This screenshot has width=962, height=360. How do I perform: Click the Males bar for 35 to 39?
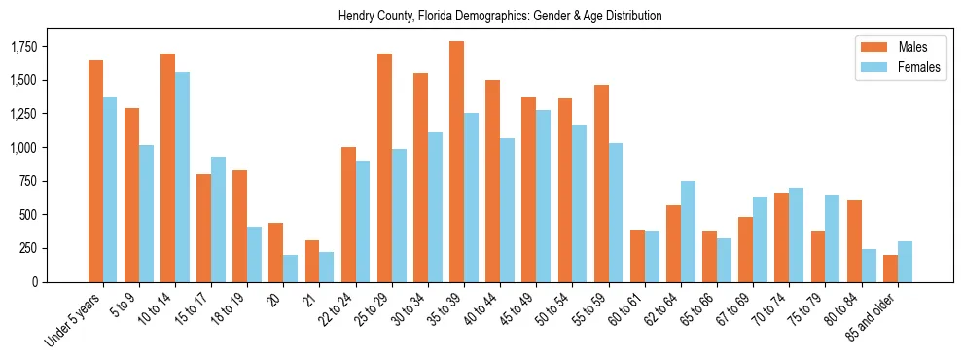pos(456,162)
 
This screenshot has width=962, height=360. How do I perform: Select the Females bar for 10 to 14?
pos(182,177)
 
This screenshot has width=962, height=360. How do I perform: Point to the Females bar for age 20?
pos(290,269)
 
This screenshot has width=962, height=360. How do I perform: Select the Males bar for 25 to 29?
pos(384,167)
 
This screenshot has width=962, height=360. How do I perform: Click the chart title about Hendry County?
pos(500,17)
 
